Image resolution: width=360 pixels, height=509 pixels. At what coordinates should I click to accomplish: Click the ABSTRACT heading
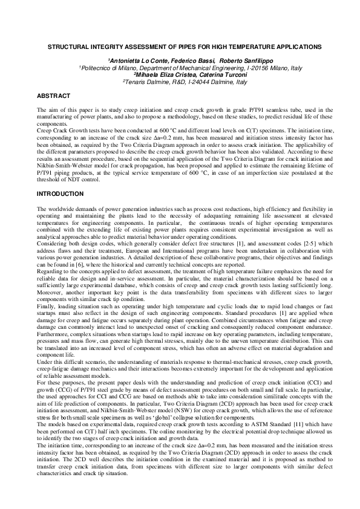pos(54,96)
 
